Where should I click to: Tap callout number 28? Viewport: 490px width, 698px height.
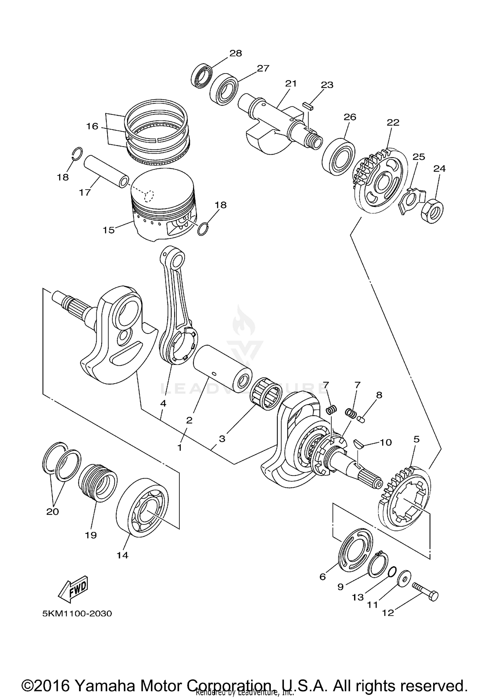tap(235, 53)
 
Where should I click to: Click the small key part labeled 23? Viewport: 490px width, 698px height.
tap(307, 105)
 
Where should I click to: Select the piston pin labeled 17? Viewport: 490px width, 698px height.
tap(106, 171)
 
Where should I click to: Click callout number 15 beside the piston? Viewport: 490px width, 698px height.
tap(109, 230)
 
